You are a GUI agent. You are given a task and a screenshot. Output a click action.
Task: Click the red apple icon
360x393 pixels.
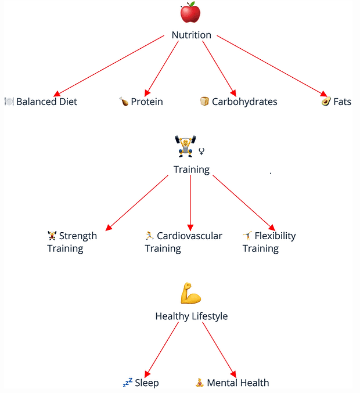coord(190,12)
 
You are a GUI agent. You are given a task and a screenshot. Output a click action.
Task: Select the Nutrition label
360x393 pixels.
coord(191,35)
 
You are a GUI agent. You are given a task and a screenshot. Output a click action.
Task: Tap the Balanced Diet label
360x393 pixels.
coord(46,102)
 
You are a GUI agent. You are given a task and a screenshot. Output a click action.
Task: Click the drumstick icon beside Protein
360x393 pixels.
coord(124,102)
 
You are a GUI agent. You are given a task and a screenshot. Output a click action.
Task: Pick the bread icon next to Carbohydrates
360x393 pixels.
coord(204,102)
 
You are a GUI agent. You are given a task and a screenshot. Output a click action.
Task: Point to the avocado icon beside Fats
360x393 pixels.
coord(326,102)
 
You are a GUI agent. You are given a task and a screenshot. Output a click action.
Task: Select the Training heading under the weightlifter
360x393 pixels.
coord(191,170)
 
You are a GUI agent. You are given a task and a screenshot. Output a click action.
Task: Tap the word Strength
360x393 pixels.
coord(78,236)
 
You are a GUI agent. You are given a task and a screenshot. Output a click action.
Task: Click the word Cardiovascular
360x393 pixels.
coord(189,236)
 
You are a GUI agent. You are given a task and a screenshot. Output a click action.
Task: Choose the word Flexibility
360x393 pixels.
coord(275,236)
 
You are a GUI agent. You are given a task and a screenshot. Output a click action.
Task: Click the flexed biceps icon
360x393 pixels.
coord(190,294)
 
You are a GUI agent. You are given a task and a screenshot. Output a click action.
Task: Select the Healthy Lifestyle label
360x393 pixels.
coord(191,316)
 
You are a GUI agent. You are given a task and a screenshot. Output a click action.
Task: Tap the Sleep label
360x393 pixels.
coord(146,383)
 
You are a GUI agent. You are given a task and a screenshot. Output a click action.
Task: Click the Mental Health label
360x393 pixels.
coord(237,383)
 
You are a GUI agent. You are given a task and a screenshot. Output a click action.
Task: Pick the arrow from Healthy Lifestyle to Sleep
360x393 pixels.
coord(161,349)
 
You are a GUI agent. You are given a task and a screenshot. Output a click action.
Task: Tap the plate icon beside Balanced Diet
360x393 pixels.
coord(9,102)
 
